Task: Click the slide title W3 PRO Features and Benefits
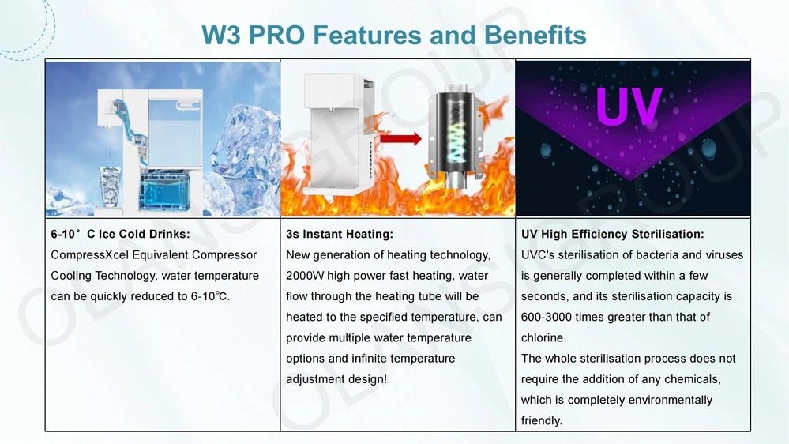(x=394, y=35)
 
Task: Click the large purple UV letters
(x=629, y=107)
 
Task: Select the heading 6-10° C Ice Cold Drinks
(x=120, y=234)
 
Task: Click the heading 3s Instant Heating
(x=340, y=234)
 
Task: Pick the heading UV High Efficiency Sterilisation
(x=612, y=234)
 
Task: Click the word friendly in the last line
(x=540, y=420)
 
